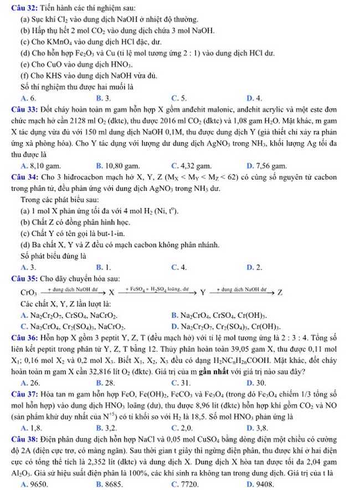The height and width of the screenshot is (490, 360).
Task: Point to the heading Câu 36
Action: tap(16, 340)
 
